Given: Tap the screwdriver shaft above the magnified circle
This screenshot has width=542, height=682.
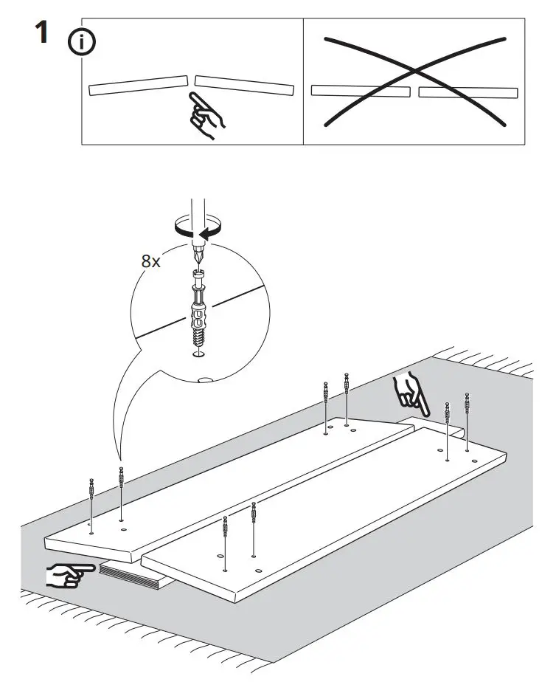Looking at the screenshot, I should pyautogui.click(x=198, y=214).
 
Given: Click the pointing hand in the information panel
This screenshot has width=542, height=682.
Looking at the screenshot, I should pyautogui.click(x=208, y=114).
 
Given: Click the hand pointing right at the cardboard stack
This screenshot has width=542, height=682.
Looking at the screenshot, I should pyautogui.click(x=68, y=574).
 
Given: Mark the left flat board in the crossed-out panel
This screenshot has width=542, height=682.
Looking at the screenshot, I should pyautogui.click(x=360, y=91).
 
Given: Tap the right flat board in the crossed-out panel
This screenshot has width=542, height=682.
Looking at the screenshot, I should pyautogui.click(x=468, y=92).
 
